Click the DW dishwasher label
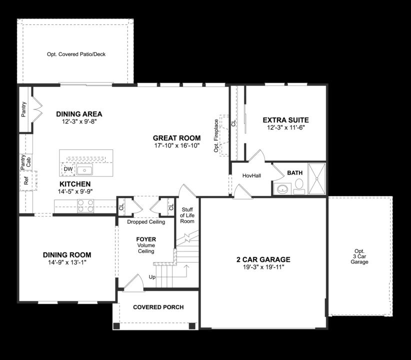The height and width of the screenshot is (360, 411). (x=68, y=170)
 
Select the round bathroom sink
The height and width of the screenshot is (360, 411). (x=282, y=189)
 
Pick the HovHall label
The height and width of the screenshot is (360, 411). (x=251, y=175)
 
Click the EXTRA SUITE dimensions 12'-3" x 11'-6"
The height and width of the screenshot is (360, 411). (x=286, y=127)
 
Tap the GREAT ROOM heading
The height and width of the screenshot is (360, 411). (x=176, y=138)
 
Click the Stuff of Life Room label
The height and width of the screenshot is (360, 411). (x=187, y=215)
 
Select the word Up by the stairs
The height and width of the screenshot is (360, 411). (x=152, y=277)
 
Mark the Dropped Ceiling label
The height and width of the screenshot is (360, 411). (x=146, y=221)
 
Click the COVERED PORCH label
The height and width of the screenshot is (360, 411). (x=158, y=307)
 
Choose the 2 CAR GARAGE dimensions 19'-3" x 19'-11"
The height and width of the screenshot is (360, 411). (x=263, y=267)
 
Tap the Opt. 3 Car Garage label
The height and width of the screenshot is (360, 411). (x=359, y=256)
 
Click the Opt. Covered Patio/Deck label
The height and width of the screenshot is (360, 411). (x=76, y=54)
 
